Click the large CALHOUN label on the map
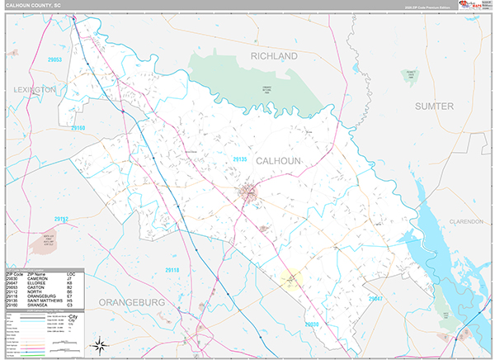[x=279, y=160]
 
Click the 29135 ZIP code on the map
[x=240, y=158]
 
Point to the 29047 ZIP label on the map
[x=375, y=298]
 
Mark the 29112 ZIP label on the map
[x=62, y=219]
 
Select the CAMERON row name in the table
[x=38, y=278]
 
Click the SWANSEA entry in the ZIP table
[x=38, y=304]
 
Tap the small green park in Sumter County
[x=408, y=75]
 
